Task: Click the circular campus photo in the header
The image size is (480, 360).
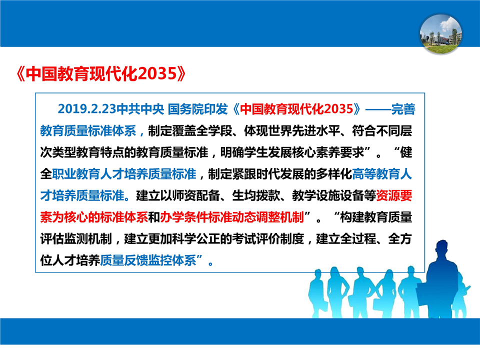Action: coord(441,33)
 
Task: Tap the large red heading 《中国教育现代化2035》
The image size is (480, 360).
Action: coord(101,74)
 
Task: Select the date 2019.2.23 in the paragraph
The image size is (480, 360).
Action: coord(87,109)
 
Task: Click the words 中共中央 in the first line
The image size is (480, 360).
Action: coord(140,109)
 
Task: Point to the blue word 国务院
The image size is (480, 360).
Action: coord(186,109)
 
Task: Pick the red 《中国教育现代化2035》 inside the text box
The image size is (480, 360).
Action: coord(296,109)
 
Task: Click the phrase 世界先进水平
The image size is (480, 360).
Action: coord(304,131)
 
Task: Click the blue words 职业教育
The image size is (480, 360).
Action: coord(76,174)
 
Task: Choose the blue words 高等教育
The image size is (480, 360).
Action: coord(376,174)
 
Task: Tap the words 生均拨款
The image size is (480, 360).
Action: coord(256,195)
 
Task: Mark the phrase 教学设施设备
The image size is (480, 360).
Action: coord(328,195)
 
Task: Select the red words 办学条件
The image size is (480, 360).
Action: coord(184,217)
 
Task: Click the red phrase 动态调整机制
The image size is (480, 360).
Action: coord(268,217)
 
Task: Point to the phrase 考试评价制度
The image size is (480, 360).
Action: coord(268,239)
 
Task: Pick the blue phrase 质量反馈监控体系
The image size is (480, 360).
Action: coord(148,260)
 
